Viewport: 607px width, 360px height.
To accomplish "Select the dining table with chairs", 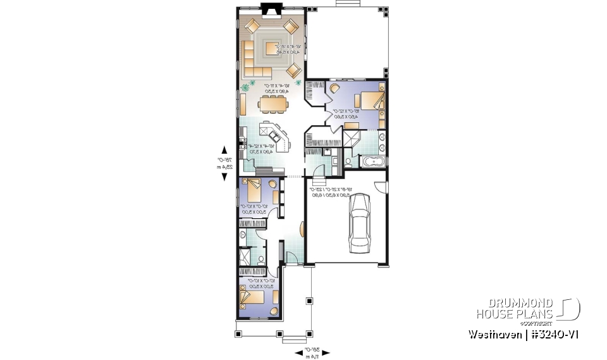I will [x=273, y=102].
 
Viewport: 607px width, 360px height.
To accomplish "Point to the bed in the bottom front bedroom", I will [x=252, y=295].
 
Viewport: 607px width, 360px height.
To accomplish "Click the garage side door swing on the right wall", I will [x=381, y=187].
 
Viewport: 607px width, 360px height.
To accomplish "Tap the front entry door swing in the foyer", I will [x=292, y=257].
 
